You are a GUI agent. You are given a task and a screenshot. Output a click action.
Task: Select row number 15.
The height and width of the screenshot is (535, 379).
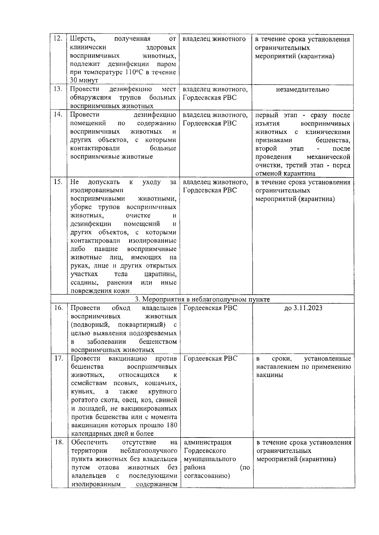[58, 182]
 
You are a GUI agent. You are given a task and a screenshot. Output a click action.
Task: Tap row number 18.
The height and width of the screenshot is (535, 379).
[59, 442]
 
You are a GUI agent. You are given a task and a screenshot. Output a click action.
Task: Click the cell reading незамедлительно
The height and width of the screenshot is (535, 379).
[302, 90]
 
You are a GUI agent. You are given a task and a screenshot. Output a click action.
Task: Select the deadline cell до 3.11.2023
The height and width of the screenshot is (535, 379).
[303, 308]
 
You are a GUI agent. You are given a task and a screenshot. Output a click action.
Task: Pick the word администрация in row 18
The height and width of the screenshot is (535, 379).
[208, 442]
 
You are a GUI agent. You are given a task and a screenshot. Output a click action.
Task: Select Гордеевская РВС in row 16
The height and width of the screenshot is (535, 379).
[210, 308]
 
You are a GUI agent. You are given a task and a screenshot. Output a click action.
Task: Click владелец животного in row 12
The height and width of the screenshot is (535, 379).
[214, 39]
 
